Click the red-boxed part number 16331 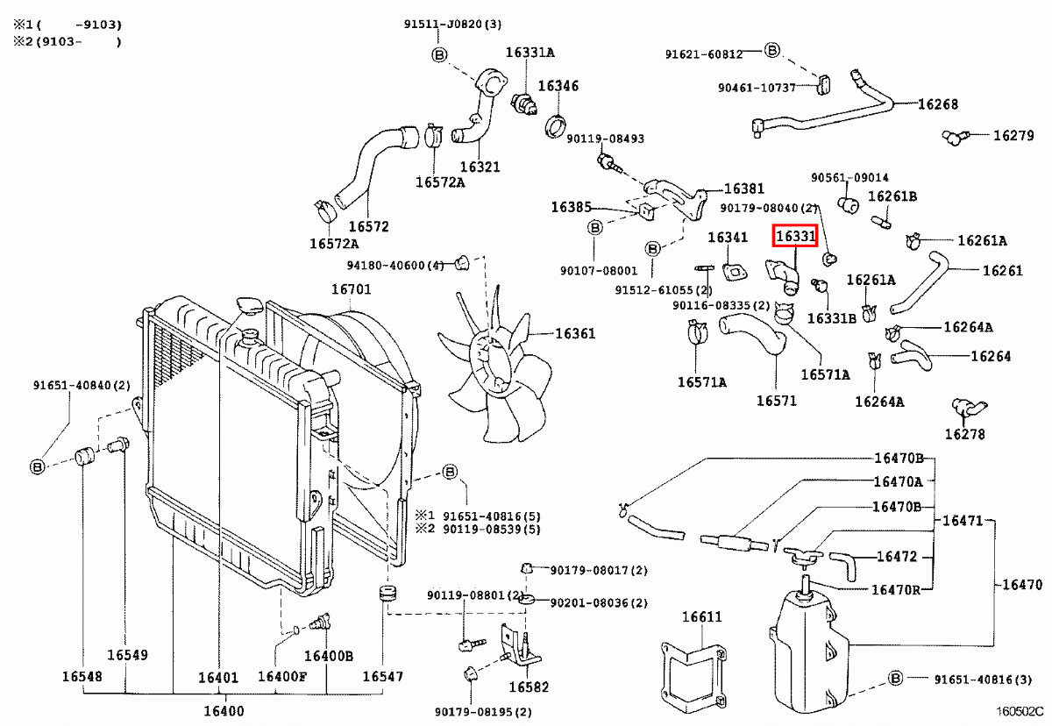794,237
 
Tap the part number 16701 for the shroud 351,289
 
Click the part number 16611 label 702,617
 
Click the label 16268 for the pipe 938,104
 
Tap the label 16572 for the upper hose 368,226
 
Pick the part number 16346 558,86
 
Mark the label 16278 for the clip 964,434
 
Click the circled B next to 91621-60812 771,51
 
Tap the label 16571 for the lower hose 777,401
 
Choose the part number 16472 897,557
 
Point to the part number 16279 1013,136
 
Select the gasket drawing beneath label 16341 732,271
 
